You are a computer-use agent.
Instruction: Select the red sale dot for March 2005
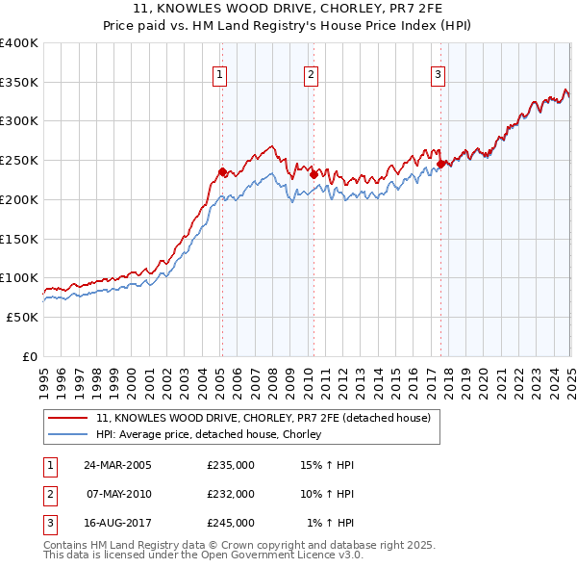tap(222, 172)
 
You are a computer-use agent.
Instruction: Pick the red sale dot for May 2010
tap(313, 174)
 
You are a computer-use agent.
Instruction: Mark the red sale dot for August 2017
tap(440, 164)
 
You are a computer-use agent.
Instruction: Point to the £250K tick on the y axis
tap(19, 161)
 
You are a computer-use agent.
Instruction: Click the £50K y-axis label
tap(23, 317)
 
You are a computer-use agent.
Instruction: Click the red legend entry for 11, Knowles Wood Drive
tap(268, 417)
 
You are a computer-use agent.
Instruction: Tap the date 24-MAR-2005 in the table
tap(118, 465)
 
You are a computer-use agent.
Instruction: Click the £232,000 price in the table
tap(231, 494)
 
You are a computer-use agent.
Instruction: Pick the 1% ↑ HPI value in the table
tap(330, 523)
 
